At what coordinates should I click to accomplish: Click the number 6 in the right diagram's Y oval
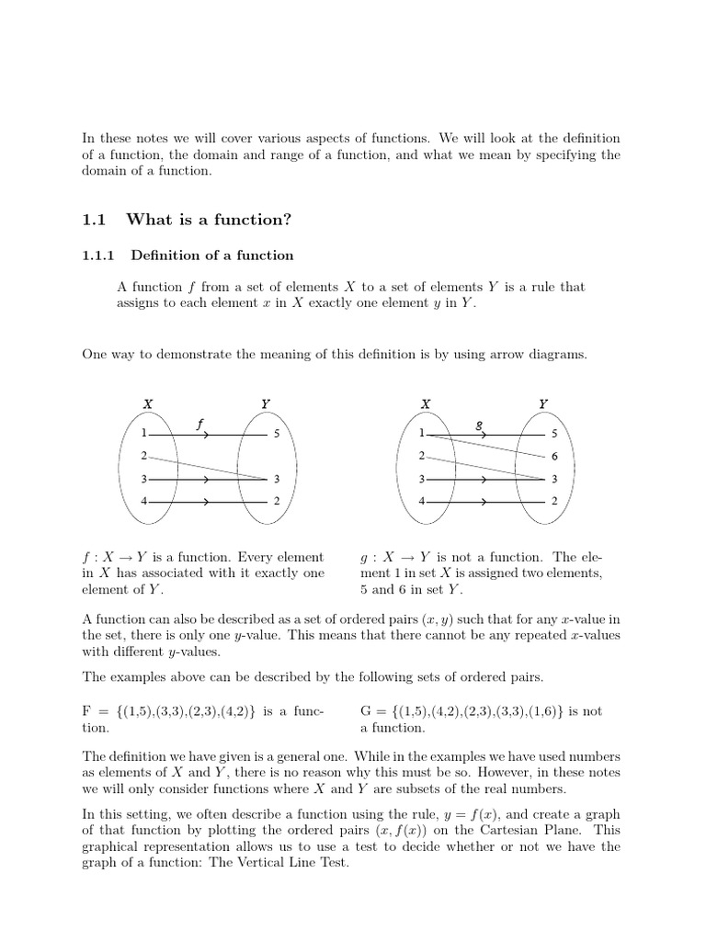[554, 457]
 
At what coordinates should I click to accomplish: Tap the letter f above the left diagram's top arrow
[200, 424]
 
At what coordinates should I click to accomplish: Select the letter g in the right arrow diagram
[479, 425]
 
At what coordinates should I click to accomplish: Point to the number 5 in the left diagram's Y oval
[277, 434]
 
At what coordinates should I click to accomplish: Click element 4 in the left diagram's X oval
[144, 501]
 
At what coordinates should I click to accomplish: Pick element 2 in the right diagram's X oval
[421, 456]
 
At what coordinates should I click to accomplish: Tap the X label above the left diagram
[148, 402]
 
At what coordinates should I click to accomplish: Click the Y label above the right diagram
[543, 402]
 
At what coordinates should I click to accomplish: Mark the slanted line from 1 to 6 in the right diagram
[487, 446]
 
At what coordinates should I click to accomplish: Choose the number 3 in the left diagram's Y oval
[277, 479]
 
